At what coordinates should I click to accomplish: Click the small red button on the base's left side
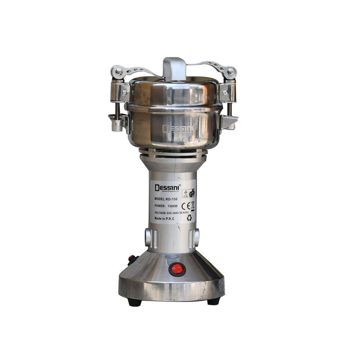pos(132,260)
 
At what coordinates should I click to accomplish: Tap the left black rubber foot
pos(134,301)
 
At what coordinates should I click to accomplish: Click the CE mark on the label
pos(184,206)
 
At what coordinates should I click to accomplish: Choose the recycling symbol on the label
pos(190,217)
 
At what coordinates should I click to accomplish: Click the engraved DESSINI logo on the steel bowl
pos(178,129)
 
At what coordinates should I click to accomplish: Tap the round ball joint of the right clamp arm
pos(231,72)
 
